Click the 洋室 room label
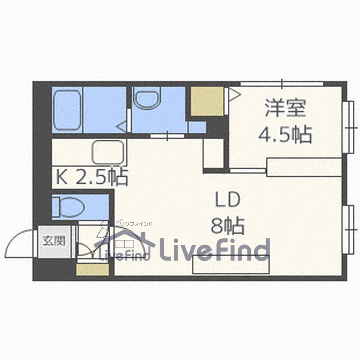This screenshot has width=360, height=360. click(x=285, y=108)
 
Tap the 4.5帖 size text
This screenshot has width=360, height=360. click(x=285, y=134)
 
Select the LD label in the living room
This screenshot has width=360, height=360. click(x=227, y=199)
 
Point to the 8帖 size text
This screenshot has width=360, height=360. click(x=227, y=225)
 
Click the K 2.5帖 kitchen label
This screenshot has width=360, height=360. click(x=92, y=177)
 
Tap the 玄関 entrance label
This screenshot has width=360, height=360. click(x=54, y=241)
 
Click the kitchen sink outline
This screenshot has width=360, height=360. click(x=108, y=152)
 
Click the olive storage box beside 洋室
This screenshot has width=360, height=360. click(x=207, y=101)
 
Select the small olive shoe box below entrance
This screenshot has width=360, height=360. click(x=92, y=269)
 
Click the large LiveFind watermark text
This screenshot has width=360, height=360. click(x=215, y=249)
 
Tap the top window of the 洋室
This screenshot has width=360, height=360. click(x=282, y=84)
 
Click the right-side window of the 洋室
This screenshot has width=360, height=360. click(x=348, y=127)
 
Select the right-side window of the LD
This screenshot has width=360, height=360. click(x=348, y=229)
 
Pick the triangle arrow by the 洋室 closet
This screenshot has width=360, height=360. click(x=234, y=94)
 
